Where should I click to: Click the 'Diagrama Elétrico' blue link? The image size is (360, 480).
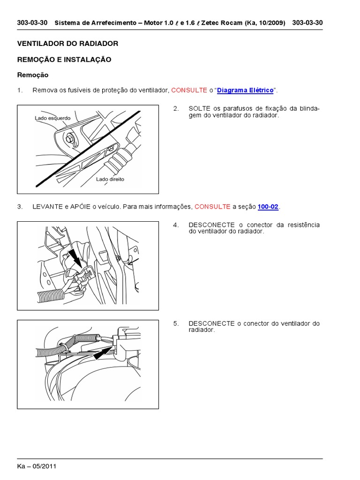click(x=245, y=90)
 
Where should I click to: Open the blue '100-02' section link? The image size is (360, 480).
click(x=269, y=207)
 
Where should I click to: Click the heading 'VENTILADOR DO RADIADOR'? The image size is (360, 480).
click(x=67, y=44)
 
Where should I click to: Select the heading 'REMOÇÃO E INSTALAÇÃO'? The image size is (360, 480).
click(x=64, y=60)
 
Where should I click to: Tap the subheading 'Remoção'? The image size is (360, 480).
click(x=33, y=75)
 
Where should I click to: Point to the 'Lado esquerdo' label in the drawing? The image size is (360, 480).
click(x=52, y=118)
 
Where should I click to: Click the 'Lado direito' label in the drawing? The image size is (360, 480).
click(x=110, y=179)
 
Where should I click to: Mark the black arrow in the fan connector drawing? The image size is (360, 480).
click(x=104, y=351)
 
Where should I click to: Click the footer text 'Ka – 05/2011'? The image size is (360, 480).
click(x=37, y=466)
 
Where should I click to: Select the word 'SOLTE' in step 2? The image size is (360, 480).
click(x=199, y=109)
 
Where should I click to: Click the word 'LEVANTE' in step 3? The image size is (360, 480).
click(x=47, y=207)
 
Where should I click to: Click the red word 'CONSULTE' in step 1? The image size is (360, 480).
click(x=189, y=90)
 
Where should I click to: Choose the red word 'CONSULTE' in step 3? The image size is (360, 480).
click(x=212, y=207)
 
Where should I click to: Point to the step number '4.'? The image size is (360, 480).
click(x=176, y=225)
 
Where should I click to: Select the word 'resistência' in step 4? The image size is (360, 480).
click(x=303, y=225)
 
